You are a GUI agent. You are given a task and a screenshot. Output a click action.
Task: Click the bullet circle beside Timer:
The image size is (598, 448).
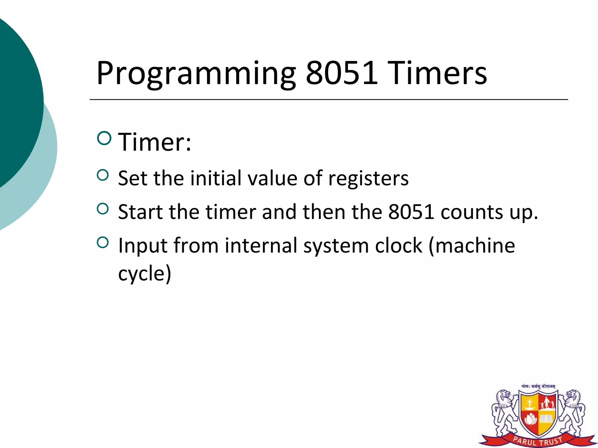click(104, 138)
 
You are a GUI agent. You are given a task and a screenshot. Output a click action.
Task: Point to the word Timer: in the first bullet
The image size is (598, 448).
click(154, 142)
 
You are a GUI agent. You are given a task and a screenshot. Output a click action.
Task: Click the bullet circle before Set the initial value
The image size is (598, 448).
click(102, 175)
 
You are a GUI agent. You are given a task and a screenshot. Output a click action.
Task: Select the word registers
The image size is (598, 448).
click(368, 178)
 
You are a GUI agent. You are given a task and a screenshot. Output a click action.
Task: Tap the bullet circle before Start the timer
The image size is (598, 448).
click(102, 209)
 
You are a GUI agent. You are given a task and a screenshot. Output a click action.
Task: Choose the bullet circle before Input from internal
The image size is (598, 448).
click(102, 242)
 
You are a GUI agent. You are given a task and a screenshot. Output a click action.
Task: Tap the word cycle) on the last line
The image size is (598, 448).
click(145, 274)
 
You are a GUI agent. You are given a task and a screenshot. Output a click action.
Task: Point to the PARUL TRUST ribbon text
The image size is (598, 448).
click(538, 441)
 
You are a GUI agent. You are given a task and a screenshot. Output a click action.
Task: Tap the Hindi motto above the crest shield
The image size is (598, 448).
click(538, 386)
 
